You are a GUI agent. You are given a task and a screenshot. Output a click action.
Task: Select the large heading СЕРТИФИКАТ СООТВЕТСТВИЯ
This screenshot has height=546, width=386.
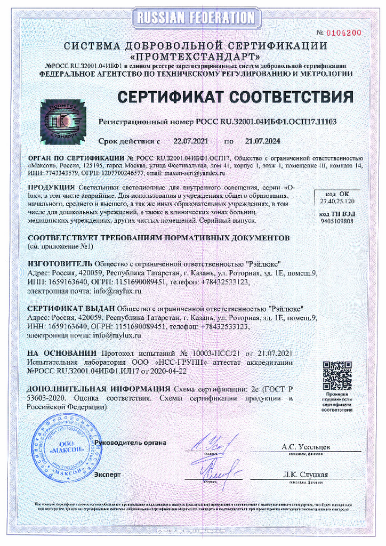pyautogui.click(x=235, y=97)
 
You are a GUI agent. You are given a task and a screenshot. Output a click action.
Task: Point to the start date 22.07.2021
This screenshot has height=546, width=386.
pyautogui.click(x=191, y=142)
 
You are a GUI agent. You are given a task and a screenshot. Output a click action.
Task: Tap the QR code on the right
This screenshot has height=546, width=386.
pyautogui.click(x=337, y=375)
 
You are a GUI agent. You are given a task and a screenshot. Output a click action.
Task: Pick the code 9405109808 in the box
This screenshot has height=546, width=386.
pyautogui.click(x=337, y=220)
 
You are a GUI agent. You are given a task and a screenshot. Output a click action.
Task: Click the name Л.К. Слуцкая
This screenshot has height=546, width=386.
pyautogui.click(x=305, y=475)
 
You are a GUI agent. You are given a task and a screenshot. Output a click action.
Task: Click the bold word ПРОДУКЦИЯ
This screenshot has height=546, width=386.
pyautogui.click(x=51, y=188)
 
